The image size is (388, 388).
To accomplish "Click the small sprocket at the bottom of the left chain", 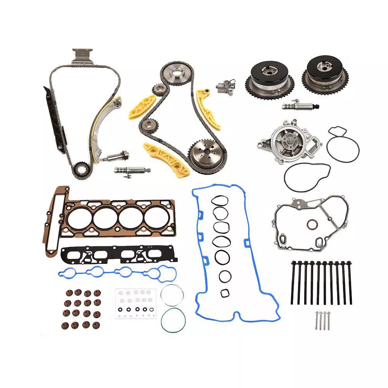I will pyautogui.click(x=80, y=170).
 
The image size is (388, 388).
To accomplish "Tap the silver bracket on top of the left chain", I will pyautogui.click(x=83, y=56).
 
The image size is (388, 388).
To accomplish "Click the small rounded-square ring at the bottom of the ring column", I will pyautogui.click(x=225, y=293).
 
